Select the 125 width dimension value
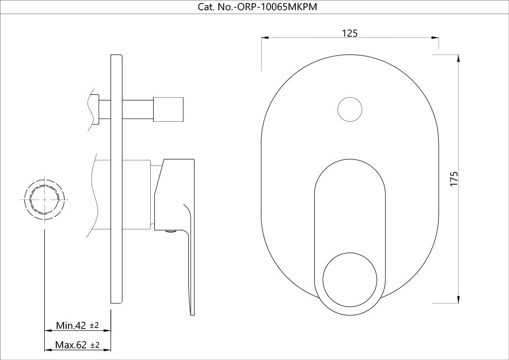tap(350, 33)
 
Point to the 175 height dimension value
tap(455, 178)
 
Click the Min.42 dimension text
tap(71, 325)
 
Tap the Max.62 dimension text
tap(71, 345)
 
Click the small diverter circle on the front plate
tap(350, 109)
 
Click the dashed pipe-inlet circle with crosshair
tap(45, 200)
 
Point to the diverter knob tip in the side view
tap(169, 108)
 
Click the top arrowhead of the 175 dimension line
tap(459, 58)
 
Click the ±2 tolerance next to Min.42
tap(94, 325)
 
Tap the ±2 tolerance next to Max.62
tap(95, 345)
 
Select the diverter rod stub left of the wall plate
tap(105, 108)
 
